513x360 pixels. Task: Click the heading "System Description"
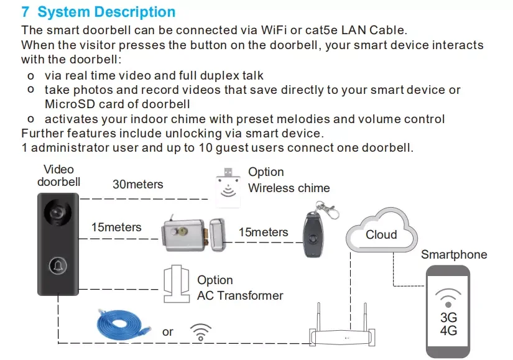point(106,12)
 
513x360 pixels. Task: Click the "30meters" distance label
point(137,184)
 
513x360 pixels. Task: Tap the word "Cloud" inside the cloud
point(381,234)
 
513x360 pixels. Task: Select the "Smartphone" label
point(454,254)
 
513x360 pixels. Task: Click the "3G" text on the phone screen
point(448,318)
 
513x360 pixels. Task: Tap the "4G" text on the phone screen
point(448,331)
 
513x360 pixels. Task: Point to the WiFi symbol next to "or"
point(200,332)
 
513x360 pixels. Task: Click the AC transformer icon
point(175,282)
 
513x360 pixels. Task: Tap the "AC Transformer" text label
point(240,296)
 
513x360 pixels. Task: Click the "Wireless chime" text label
point(289,188)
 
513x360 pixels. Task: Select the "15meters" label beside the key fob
point(263,233)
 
